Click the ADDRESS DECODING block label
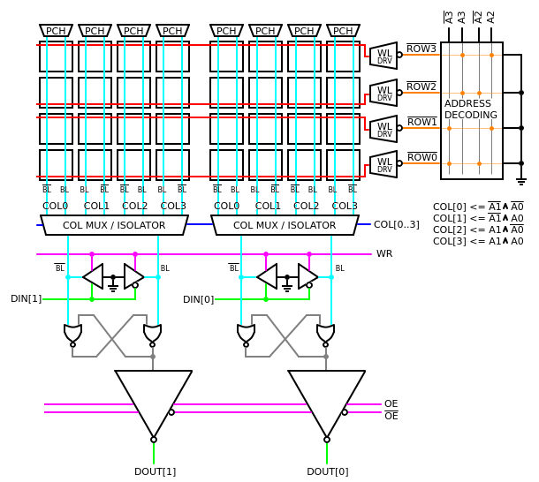[470, 109]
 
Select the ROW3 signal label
[421, 49]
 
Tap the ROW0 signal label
[421, 157]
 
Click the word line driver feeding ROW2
[383, 92]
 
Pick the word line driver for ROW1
[383, 128]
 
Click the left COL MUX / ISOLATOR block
[114, 225]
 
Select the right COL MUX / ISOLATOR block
[285, 225]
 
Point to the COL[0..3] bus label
[396, 224]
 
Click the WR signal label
[384, 254]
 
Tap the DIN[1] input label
[26, 298]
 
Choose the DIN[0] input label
[198, 299]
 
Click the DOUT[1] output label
[155, 471]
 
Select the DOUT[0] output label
[327, 471]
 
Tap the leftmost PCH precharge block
[56, 31]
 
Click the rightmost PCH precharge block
[343, 31]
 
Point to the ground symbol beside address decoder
[520, 180]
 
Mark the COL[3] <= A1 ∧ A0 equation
[478, 241]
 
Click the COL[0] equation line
[478, 207]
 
